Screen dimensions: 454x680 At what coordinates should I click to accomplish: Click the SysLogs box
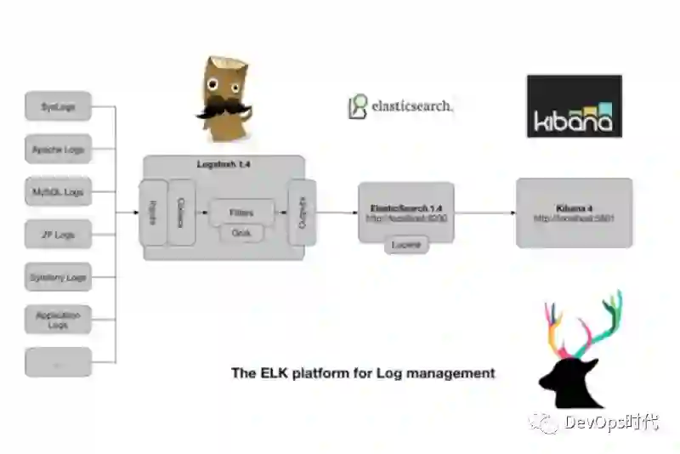(x=59, y=107)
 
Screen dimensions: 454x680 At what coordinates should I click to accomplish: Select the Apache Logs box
(x=59, y=150)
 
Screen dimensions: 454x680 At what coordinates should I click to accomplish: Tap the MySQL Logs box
(x=59, y=192)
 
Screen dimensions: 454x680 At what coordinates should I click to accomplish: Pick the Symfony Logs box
(x=59, y=277)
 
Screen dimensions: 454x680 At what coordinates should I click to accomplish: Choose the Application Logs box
(x=59, y=320)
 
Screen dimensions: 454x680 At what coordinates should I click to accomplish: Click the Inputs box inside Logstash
(x=153, y=212)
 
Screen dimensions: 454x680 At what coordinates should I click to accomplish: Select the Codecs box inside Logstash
(x=181, y=212)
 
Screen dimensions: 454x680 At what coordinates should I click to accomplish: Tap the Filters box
(x=241, y=212)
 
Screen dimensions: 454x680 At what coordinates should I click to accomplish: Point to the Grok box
(x=241, y=232)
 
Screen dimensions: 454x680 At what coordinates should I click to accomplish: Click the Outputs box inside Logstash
(x=302, y=212)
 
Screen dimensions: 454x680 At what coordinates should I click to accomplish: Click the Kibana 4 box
(x=575, y=213)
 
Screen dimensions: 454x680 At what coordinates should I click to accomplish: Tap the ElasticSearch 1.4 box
(x=406, y=213)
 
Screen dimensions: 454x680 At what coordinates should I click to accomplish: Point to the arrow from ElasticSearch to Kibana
(x=484, y=213)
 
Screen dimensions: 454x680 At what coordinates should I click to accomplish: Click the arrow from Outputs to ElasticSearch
(x=337, y=213)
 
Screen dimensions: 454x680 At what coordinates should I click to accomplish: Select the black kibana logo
(x=575, y=106)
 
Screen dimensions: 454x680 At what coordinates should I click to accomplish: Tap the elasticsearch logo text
(x=411, y=106)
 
